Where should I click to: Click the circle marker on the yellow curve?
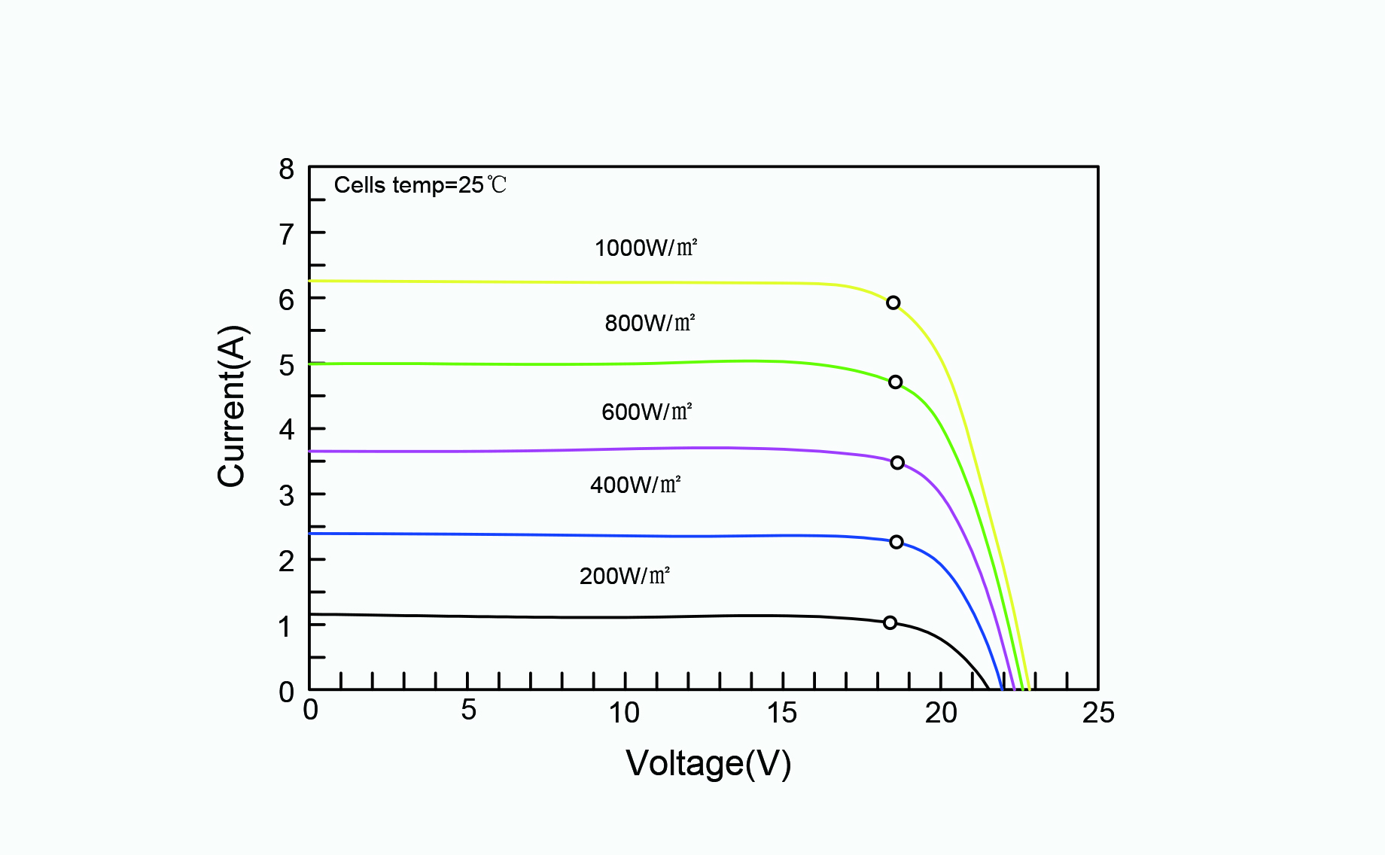click(x=893, y=303)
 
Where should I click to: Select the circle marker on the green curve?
click(x=895, y=382)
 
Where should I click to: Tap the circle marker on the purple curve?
click(x=897, y=463)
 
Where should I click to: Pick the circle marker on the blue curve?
click(x=896, y=542)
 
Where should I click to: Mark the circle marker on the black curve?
click(x=890, y=622)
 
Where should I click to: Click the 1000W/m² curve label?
click(x=646, y=248)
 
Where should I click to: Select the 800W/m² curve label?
click(x=650, y=323)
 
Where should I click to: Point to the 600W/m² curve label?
click(x=646, y=412)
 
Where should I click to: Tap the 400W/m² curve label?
click(x=635, y=485)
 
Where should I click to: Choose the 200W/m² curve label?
click(x=625, y=576)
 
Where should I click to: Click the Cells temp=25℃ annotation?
click(x=420, y=185)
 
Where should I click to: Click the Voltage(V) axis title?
click(x=708, y=763)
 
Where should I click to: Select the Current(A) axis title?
click(x=232, y=406)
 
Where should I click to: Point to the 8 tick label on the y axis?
click(x=286, y=169)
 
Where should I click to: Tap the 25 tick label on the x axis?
click(x=1098, y=712)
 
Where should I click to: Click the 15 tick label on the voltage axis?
click(x=782, y=712)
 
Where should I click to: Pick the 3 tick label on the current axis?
click(x=286, y=496)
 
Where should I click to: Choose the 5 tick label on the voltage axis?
click(x=468, y=710)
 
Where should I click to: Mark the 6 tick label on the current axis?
click(x=286, y=300)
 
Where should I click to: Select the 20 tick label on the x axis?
click(x=941, y=712)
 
